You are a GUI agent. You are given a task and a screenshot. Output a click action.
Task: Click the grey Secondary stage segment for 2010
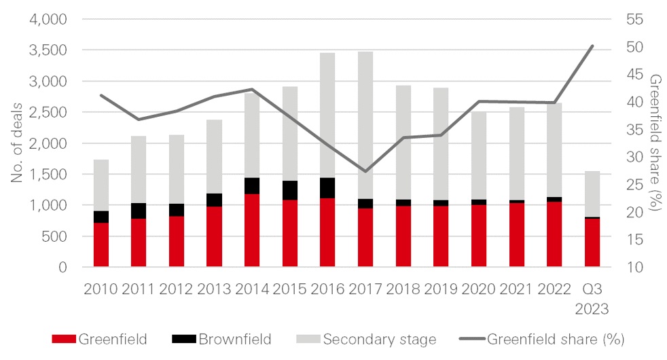[x=102, y=185]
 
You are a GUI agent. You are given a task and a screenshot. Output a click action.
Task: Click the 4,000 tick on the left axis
[x=48, y=19]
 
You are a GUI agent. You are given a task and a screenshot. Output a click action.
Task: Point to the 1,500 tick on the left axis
[x=48, y=174]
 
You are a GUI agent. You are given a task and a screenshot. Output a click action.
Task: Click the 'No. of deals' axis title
[x=16, y=143]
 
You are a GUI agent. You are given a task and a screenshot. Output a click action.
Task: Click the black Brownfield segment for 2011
[x=139, y=211]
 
